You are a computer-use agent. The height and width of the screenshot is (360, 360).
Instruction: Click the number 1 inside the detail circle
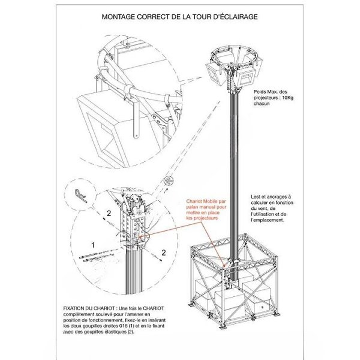(93, 245)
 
